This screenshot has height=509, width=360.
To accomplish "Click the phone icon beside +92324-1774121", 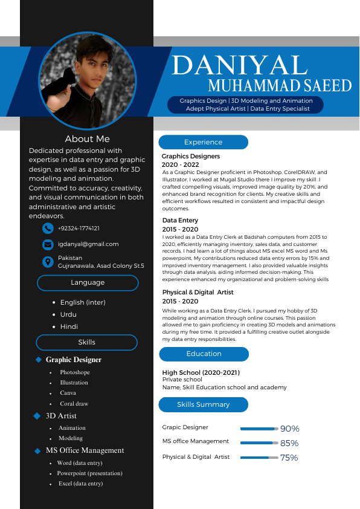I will coord(48,229).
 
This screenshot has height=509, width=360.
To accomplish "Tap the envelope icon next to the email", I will coord(48,245).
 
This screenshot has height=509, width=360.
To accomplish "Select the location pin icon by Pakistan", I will coord(48,262).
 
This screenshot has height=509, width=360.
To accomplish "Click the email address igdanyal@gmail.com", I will coord(88,244).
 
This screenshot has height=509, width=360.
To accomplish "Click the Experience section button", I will coord(204,142).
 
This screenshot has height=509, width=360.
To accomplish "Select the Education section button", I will coord(204,354).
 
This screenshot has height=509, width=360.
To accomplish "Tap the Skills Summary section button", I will coord(204,404).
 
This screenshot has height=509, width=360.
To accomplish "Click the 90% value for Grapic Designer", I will coord(289,429).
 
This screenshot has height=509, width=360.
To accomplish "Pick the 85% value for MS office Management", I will coord(289,443).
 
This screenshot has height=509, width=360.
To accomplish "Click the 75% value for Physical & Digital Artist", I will coord(289,458).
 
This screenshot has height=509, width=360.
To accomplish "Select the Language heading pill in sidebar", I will coord(88,282).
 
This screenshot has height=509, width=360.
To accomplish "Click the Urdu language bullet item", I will coord(68,314).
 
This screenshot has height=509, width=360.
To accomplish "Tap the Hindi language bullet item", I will coord(69,326).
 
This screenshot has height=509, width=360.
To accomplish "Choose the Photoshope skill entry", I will coord(75,372).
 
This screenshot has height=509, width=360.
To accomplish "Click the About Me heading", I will coord(88,139).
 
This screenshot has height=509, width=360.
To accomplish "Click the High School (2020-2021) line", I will coord(201,372).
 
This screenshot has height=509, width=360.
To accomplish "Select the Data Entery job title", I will coord(180,221).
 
